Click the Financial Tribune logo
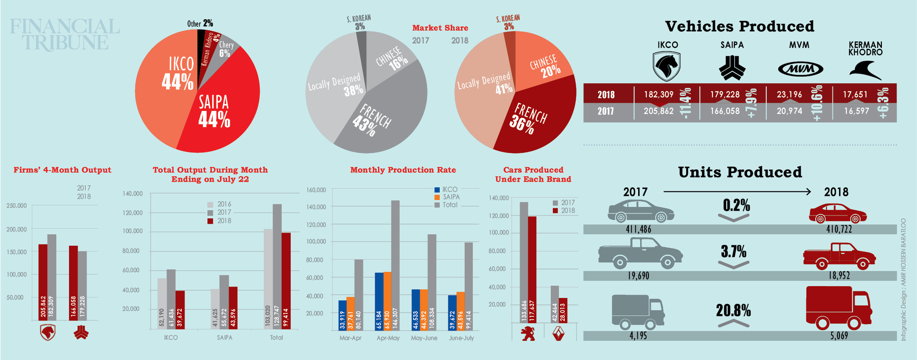click(65, 34)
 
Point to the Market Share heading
click(440, 28)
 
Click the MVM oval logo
click(800, 69)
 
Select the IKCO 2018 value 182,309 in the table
click(659, 95)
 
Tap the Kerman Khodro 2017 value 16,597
click(857, 111)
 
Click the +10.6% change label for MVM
click(817, 103)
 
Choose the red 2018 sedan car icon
click(838, 213)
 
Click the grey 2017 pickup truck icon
click(640, 253)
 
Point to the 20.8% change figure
click(733, 311)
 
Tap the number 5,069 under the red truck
click(839, 336)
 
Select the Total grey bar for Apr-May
click(395, 265)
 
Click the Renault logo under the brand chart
click(558, 334)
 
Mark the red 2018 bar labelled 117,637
click(532, 269)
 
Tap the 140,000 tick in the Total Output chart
click(133, 193)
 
